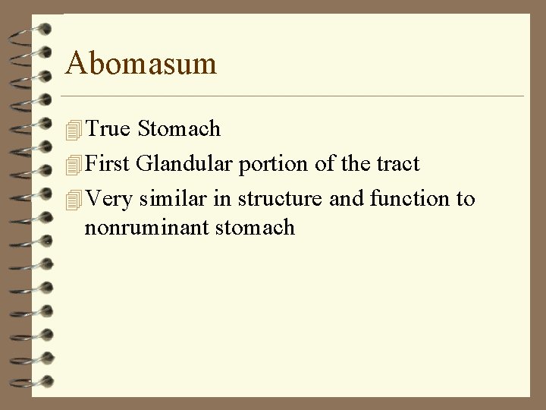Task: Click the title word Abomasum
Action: (x=141, y=63)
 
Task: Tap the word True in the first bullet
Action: (x=108, y=129)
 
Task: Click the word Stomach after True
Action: (x=179, y=129)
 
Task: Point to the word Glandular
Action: (x=185, y=164)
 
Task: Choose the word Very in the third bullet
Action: (x=110, y=199)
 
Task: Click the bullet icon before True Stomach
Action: (x=73, y=131)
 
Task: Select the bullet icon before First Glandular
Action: (x=73, y=166)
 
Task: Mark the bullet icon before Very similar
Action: (x=73, y=200)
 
